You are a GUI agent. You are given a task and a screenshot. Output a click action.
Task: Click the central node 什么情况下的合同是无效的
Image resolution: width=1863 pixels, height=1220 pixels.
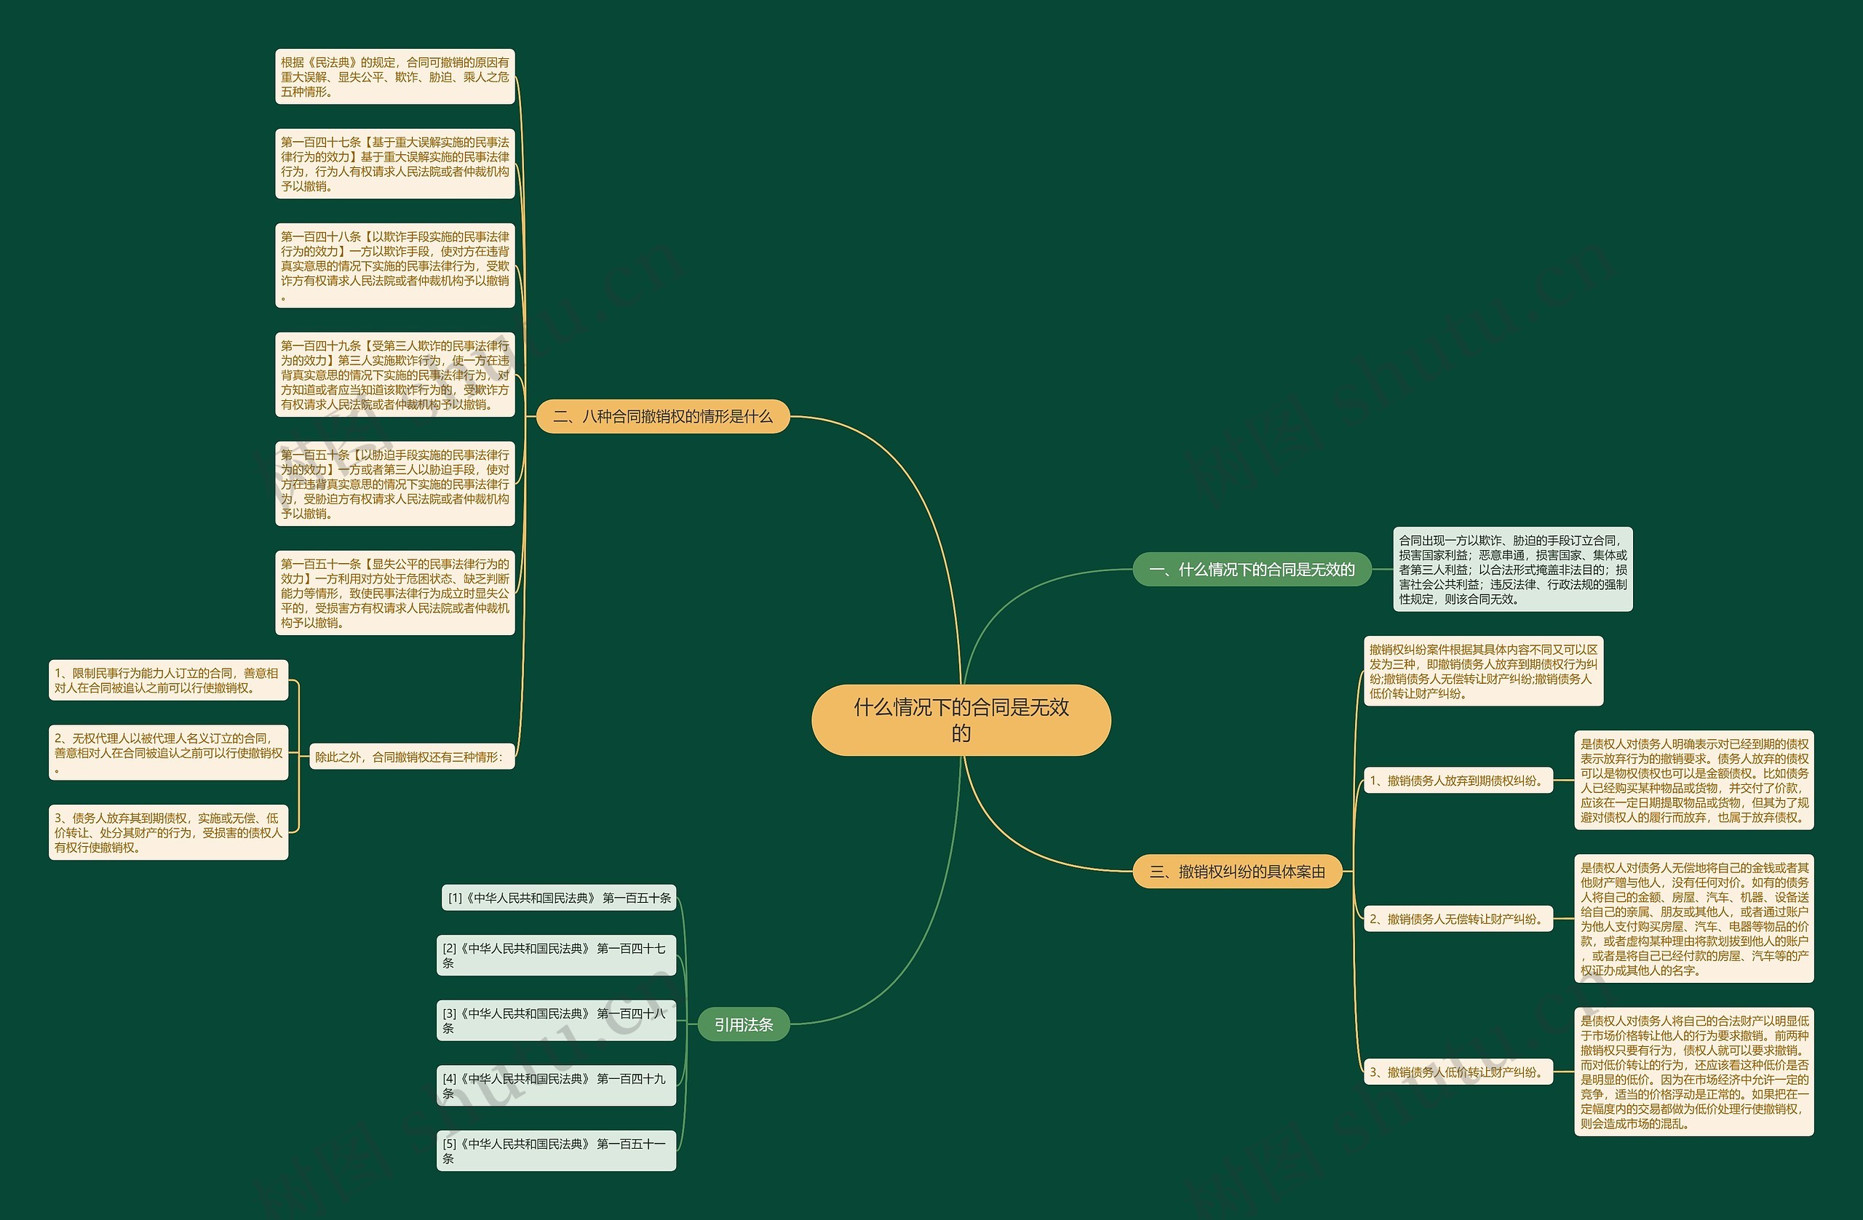point(961,720)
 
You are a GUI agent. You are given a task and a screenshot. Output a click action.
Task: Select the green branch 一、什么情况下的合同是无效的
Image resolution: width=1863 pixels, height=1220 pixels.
point(1252,570)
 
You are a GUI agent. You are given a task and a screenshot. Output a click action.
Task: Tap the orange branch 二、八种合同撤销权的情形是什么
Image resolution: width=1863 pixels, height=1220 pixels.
point(662,416)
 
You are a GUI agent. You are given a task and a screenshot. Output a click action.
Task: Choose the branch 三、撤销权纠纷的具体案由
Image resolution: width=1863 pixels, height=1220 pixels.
point(1236,872)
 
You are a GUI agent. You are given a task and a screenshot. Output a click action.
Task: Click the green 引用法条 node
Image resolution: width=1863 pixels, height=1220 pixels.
point(743,1024)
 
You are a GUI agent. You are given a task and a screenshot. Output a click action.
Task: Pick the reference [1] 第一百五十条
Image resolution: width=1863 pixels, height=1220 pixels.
point(559,898)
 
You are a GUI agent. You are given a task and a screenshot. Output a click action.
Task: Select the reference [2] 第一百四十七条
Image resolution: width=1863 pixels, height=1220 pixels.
point(556,955)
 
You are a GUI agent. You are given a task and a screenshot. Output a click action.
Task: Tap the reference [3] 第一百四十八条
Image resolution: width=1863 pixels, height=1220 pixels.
point(556,1021)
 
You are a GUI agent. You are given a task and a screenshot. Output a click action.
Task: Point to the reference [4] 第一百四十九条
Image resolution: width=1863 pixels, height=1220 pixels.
point(556,1085)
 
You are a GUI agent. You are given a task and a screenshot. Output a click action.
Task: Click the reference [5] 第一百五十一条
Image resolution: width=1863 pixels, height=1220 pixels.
point(556,1150)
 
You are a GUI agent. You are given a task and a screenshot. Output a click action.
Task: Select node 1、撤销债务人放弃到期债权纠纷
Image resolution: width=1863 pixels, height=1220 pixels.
point(1458,780)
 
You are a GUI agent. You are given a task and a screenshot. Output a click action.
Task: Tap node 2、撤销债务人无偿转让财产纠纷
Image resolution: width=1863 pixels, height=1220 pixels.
point(1458,919)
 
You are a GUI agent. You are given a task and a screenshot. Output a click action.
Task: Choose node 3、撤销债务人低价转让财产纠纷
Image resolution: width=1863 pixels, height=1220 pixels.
point(1458,1072)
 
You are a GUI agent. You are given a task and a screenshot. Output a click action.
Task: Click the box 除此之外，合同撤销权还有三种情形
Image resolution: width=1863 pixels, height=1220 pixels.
point(412,757)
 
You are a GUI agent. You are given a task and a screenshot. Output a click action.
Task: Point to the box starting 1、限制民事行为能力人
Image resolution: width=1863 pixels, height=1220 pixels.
point(168,680)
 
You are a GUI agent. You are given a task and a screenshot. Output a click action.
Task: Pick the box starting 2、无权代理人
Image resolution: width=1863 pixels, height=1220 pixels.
point(168,752)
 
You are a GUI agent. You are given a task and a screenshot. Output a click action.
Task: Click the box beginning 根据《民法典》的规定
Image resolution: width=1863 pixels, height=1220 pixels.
point(394,76)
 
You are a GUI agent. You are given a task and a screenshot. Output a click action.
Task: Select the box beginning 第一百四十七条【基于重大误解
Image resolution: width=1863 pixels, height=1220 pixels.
point(394,164)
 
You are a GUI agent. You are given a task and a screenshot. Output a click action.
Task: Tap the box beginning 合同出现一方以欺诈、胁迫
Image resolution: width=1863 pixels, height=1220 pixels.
point(1512,569)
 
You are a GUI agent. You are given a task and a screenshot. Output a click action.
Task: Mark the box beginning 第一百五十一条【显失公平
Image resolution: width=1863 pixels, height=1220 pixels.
point(394,592)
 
